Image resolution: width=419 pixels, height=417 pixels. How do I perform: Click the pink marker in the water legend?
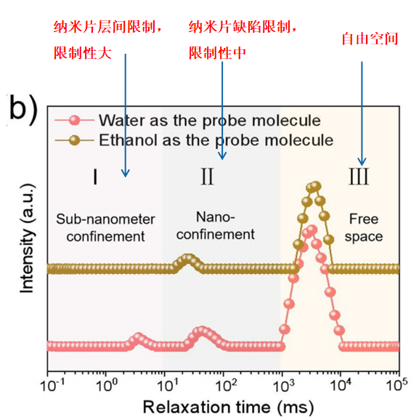[74, 121]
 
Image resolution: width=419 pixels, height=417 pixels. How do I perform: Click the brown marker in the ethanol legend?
[74, 140]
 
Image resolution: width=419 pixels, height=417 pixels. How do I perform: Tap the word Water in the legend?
[122, 121]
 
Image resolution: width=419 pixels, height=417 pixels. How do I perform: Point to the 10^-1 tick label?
[52, 385]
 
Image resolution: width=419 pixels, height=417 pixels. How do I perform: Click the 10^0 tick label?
[107, 385]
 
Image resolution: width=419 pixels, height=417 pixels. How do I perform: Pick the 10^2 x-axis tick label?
[226, 385]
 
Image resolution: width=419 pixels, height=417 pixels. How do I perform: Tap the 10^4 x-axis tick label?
[341, 385]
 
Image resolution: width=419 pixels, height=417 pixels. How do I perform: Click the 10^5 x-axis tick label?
[397, 385]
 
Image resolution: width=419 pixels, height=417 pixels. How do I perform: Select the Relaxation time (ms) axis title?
[228, 407]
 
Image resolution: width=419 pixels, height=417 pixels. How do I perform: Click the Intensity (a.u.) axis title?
[28, 238]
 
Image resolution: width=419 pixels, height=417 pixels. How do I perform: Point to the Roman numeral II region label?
[208, 177]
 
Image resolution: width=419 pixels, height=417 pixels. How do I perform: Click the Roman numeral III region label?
[359, 177]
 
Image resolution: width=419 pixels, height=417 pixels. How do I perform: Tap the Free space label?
[364, 227]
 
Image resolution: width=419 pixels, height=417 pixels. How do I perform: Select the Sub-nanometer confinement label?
[105, 227]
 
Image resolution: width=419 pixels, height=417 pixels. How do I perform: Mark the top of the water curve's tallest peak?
[312, 230]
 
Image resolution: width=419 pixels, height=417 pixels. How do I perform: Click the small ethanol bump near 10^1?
[188, 259]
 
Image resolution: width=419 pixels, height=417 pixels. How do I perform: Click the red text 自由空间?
[370, 39]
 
